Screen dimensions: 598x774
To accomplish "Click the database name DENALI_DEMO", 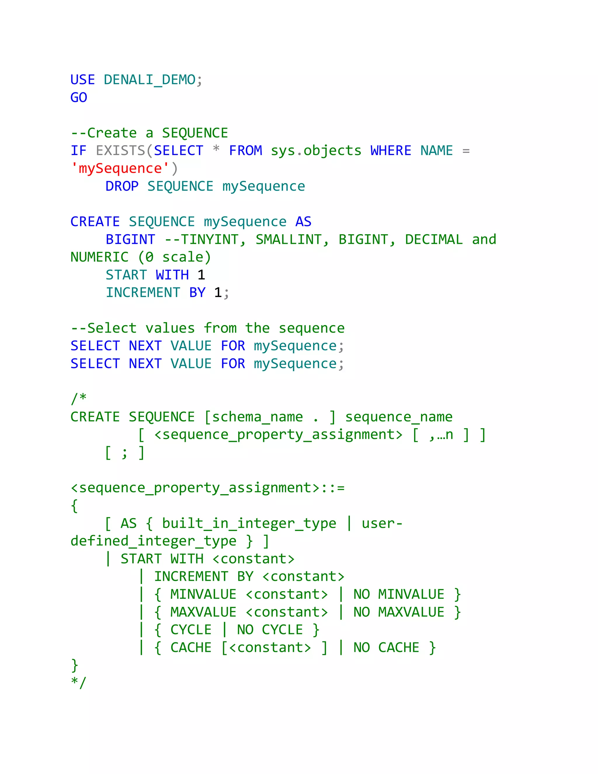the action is point(149,80).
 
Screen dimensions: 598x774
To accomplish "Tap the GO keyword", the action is point(79,98).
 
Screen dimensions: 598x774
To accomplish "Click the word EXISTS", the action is point(121,151).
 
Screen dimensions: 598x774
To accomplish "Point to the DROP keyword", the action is point(122,186).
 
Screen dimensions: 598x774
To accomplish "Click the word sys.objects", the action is point(316,151).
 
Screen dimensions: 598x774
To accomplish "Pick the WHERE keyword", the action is point(391,151).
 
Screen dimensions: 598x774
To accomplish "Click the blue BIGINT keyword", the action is point(130,240).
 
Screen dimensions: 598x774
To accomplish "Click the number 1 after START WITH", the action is point(201,275).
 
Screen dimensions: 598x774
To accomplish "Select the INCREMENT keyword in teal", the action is point(143,293).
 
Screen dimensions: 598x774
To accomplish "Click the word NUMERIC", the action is point(100,257).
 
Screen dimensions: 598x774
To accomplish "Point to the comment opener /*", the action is point(79,398).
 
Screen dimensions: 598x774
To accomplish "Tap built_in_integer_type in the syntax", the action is point(249,523).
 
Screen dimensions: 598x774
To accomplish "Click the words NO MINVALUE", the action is point(399,594).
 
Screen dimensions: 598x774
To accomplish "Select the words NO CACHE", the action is point(386,648).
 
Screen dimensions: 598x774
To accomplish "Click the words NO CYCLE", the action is point(270,630).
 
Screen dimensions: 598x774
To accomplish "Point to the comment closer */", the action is point(79,682).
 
